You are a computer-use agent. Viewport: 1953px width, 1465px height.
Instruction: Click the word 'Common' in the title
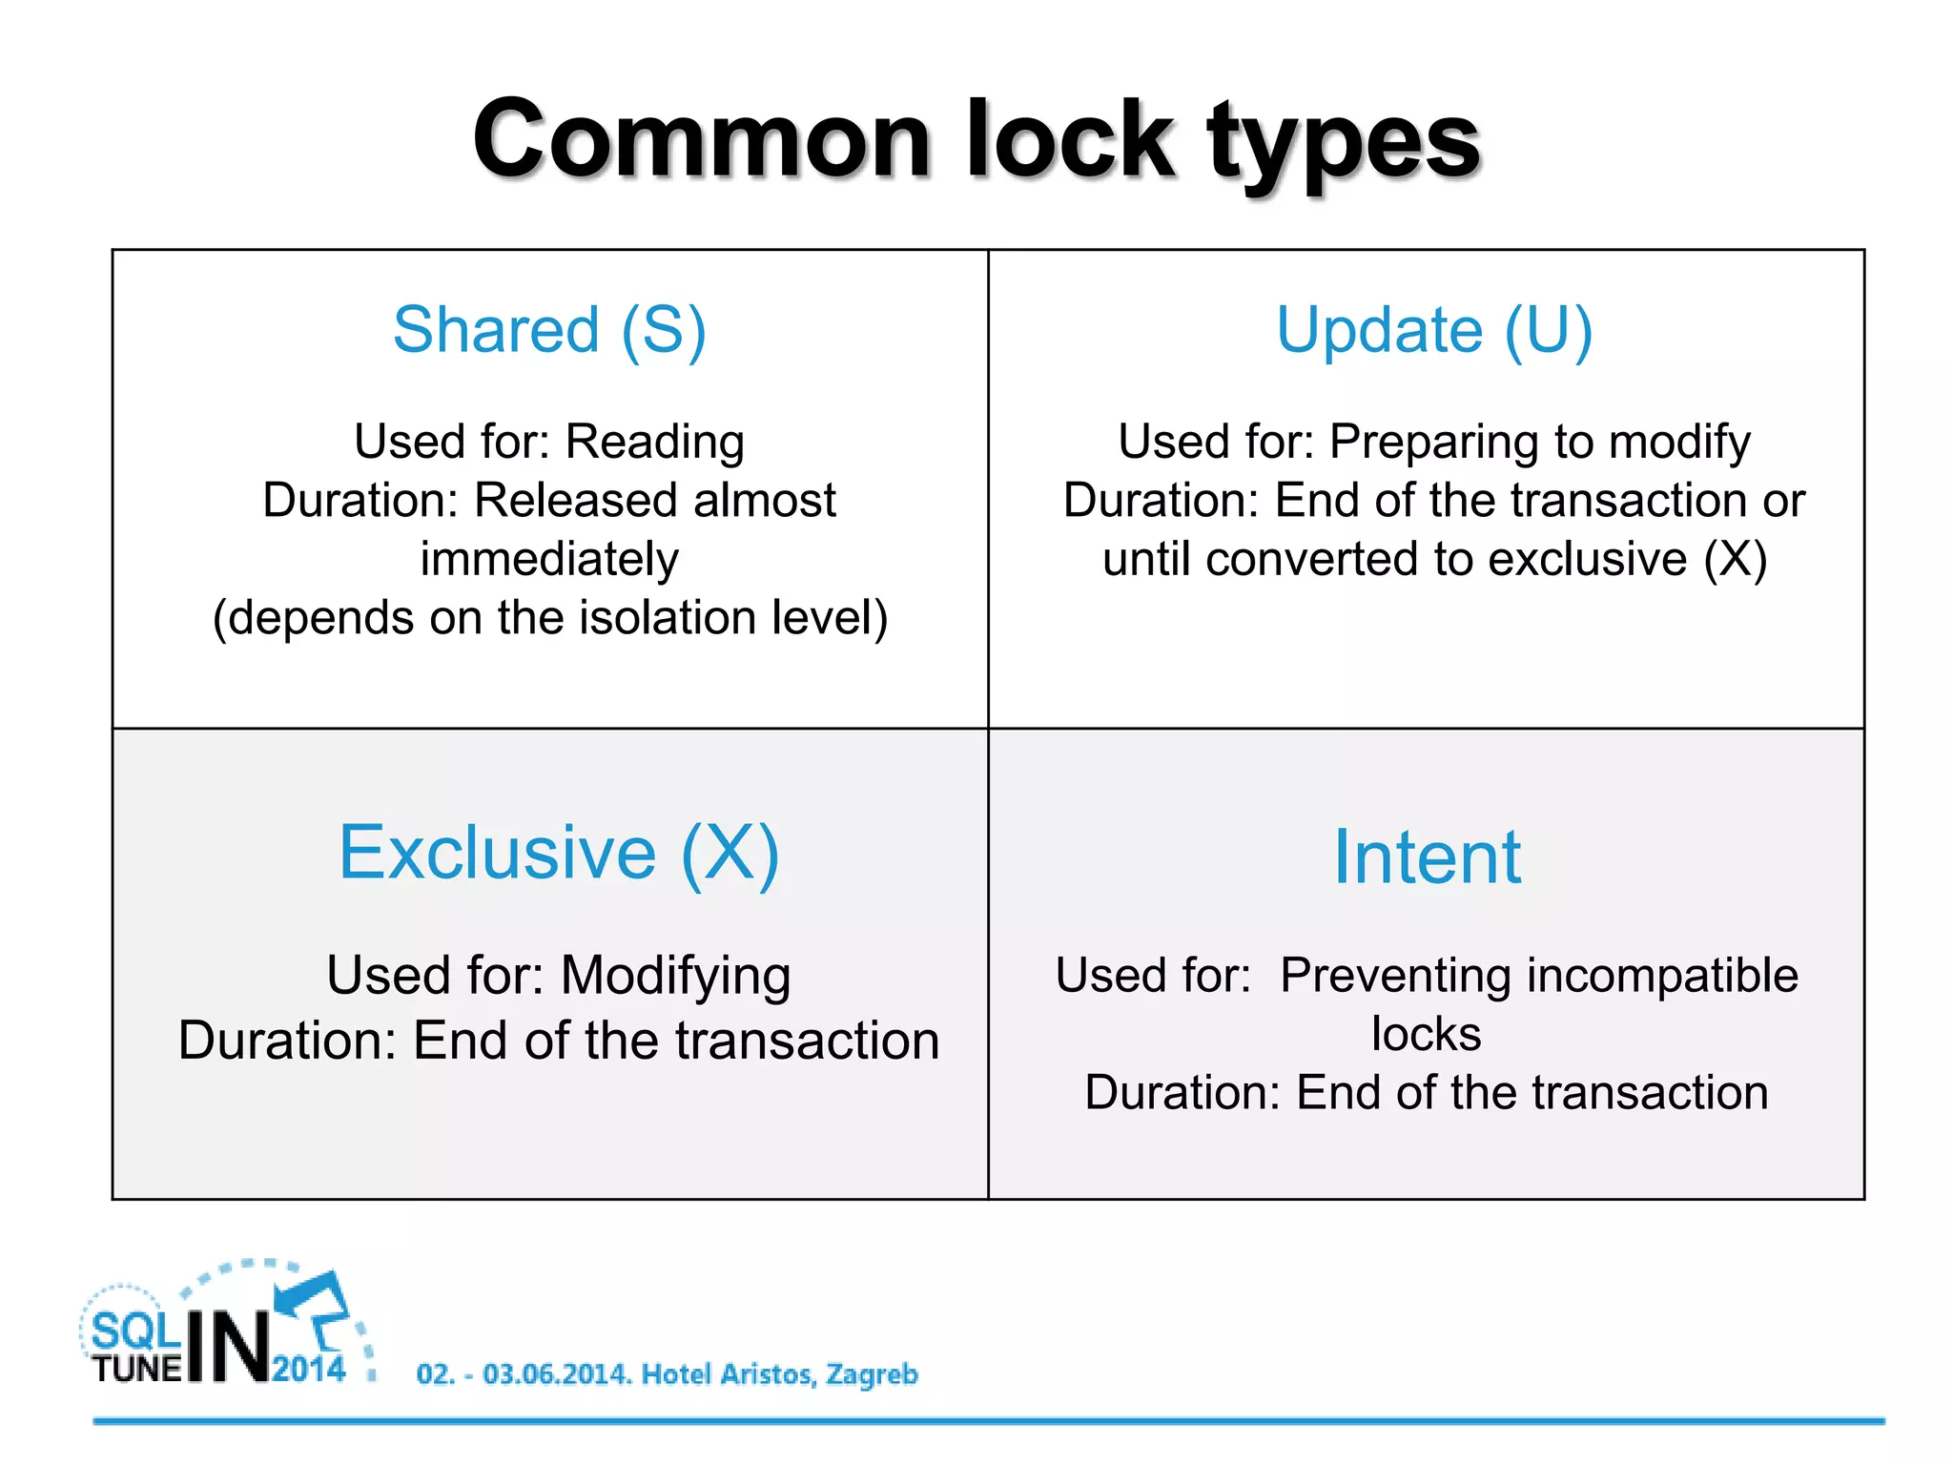point(701,141)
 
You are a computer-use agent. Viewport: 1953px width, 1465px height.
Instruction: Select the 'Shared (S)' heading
point(549,330)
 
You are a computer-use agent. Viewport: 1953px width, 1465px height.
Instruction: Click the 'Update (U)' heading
point(1434,330)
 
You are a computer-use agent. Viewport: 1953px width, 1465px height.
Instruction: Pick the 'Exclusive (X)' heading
point(559,853)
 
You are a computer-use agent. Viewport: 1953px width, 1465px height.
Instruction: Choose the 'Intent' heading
point(1427,856)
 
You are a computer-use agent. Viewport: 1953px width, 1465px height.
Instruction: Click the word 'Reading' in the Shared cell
point(654,442)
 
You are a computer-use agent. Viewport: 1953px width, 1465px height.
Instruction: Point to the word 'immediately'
point(549,559)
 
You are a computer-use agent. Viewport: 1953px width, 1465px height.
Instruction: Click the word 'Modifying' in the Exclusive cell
point(675,976)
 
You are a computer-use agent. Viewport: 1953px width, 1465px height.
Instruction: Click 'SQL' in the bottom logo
point(135,1331)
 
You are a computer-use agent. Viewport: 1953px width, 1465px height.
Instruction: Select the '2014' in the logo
point(309,1370)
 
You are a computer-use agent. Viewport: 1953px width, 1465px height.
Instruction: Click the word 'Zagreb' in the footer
point(872,1374)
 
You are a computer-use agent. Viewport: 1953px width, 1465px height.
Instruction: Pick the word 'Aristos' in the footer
point(769,1374)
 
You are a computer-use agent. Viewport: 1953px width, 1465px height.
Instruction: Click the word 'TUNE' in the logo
point(137,1370)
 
